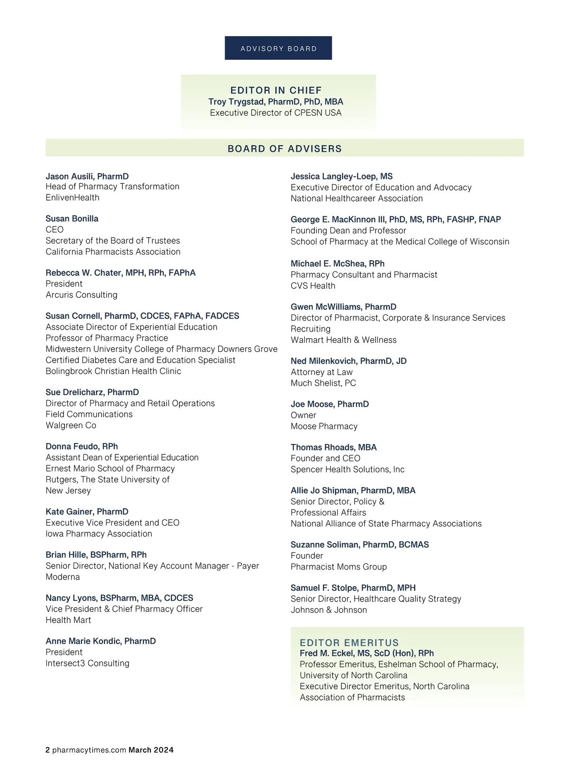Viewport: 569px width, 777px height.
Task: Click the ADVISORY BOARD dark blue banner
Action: tap(278, 48)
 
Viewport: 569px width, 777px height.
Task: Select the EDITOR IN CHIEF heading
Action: tap(276, 90)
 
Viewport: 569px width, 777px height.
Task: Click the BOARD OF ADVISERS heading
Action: tap(284, 148)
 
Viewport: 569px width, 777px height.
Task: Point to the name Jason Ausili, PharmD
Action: tap(87, 176)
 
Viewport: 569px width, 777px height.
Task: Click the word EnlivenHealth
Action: tap(73, 197)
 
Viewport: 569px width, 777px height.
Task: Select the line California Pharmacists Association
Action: tap(113, 251)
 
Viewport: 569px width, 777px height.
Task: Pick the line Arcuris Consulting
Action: tap(82, 295)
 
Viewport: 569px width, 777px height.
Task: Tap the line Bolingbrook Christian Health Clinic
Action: tap(113, 371)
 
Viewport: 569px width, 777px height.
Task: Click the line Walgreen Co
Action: tap(71, 425)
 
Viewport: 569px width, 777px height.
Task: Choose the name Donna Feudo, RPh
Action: tap(82, 446)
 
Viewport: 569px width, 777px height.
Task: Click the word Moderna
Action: tap(63, 577)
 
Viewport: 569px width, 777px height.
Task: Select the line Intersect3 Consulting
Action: tap(87, 663)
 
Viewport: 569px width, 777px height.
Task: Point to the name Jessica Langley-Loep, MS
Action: tap(341, 176)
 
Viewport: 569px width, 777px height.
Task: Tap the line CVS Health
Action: tap(313, 286)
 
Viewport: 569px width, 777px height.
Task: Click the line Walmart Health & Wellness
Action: tap(343, 340)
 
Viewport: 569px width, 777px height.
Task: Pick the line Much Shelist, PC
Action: tap(323, 383)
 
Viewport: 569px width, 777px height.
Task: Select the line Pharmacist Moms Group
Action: tap(339, 566)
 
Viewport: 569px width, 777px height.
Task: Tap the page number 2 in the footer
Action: tap(47, 750)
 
